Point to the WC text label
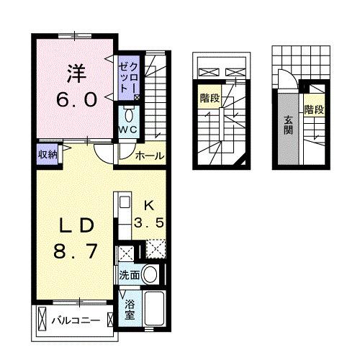click(130, 129)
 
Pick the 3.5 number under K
click(152, 222)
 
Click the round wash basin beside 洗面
click(150, 274)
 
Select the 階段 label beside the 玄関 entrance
click(313, 110)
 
